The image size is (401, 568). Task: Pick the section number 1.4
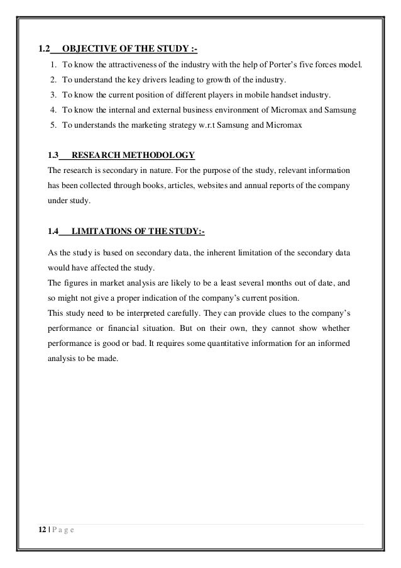coord(53,231)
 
